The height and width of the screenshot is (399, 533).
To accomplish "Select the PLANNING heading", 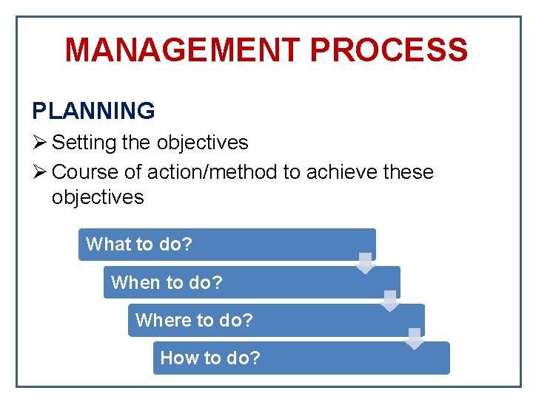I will coord(93,111).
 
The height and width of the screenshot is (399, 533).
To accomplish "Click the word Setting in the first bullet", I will coord(78,142).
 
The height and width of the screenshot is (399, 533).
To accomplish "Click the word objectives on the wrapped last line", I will coord(98,197).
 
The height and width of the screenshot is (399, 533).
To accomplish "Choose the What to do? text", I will coord(138,245).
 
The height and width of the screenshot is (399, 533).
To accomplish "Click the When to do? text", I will coord(167,282).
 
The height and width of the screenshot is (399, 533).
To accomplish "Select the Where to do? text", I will coord(194,321).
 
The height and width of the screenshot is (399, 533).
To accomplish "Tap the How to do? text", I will coord(210,358).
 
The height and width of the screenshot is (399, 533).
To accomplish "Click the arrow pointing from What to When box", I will coord(365,263).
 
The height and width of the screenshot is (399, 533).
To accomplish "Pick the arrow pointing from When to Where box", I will coord(390,301).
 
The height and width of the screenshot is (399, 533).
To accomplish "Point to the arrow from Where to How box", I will coord(415,338).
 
